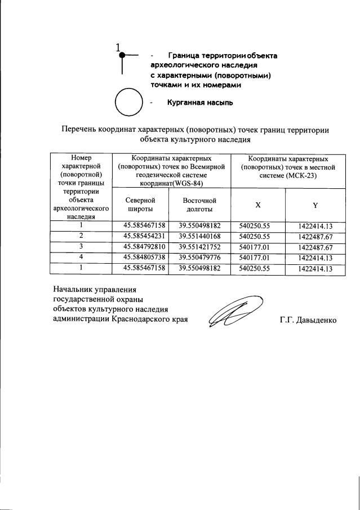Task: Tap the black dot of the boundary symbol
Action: coord(122,55)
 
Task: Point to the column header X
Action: coord(257,205)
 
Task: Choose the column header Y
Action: coord(315,205)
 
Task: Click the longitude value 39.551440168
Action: coord(199,236)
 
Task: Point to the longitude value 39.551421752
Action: coord(199,247)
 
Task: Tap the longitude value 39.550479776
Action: coord(199,258)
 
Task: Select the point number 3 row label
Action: coord(81,247)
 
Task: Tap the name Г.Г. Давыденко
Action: coord(308,320)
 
